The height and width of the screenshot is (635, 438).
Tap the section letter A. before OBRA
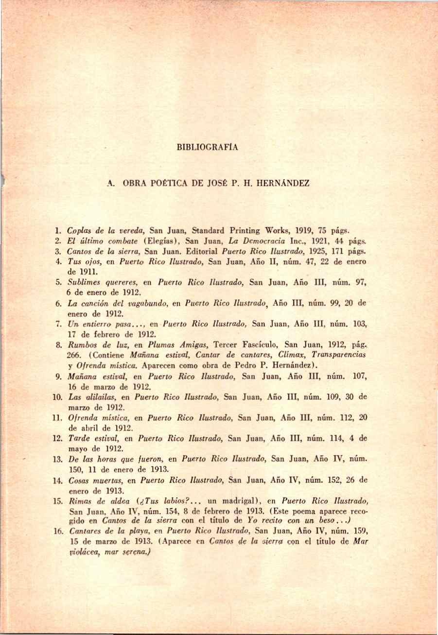111,184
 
